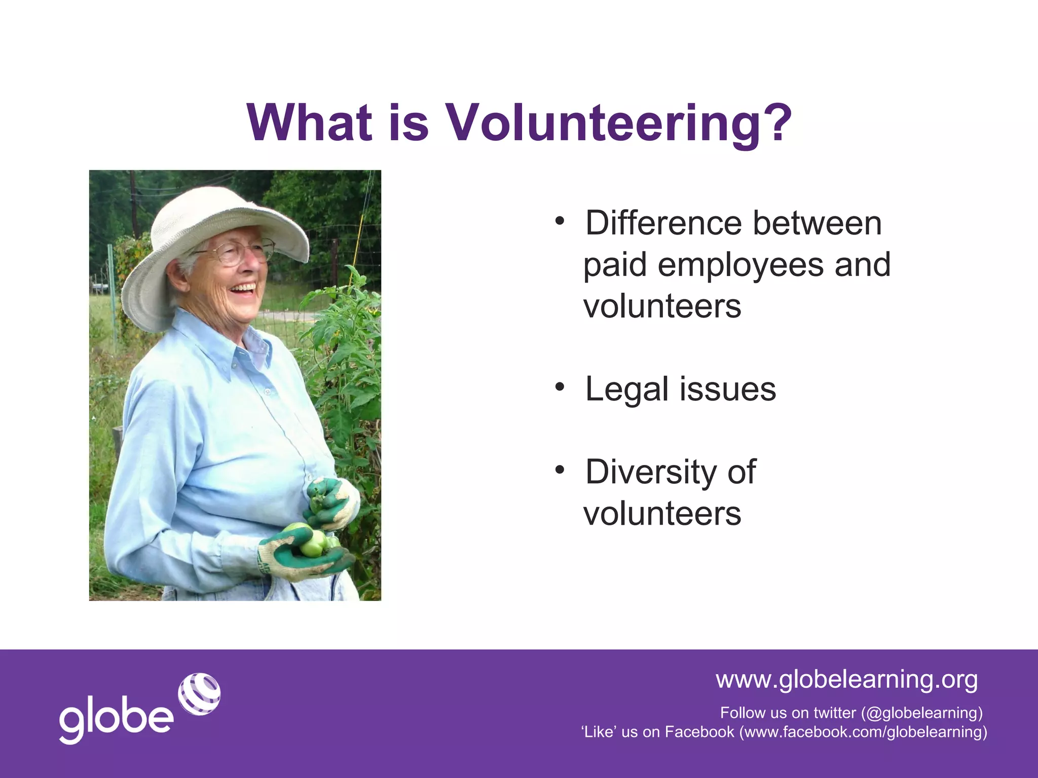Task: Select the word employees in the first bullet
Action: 740,265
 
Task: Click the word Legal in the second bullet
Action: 627,390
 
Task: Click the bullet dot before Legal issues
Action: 559,387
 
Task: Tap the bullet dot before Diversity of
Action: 559,470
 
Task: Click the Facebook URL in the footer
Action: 863,732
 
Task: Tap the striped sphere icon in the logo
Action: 199,694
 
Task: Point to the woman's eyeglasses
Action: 238,252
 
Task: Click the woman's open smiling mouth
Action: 244,289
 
